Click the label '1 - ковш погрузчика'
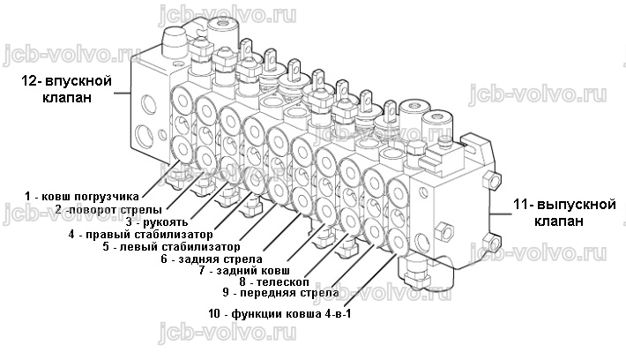click(82, 197)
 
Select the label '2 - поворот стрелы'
click(108, 210)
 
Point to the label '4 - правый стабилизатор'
click(140, 234)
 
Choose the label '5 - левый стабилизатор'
click(171, 246)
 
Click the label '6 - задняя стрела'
click(212, 259)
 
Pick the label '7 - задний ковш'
click(244, 271)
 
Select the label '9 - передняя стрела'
click(281, 293)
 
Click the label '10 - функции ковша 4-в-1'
click(279, 313)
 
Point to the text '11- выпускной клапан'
click(564, 213)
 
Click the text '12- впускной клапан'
click(67, 89)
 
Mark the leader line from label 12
click(123, 94)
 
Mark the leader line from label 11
click(501, 214)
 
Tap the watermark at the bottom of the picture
click(227, 332)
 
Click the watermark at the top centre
click(227, 14)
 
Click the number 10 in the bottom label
click(214, 313)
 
